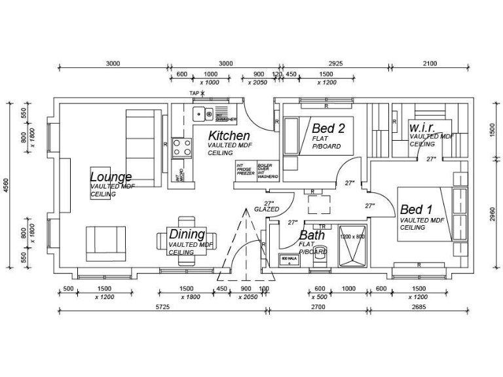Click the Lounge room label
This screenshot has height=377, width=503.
(111, 177)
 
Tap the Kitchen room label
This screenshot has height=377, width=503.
(229, 136)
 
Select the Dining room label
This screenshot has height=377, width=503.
(187, 234)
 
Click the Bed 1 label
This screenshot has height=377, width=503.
(416, 209)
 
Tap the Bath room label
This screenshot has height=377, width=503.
(312, 235)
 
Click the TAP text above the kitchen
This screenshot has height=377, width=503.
(195, 94)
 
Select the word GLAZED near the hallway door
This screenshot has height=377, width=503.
(267, 209)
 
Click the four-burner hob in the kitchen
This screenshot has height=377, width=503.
(182, 148)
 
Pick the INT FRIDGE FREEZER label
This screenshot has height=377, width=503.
(245, 170)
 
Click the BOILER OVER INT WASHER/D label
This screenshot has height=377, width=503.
(267, 171)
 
